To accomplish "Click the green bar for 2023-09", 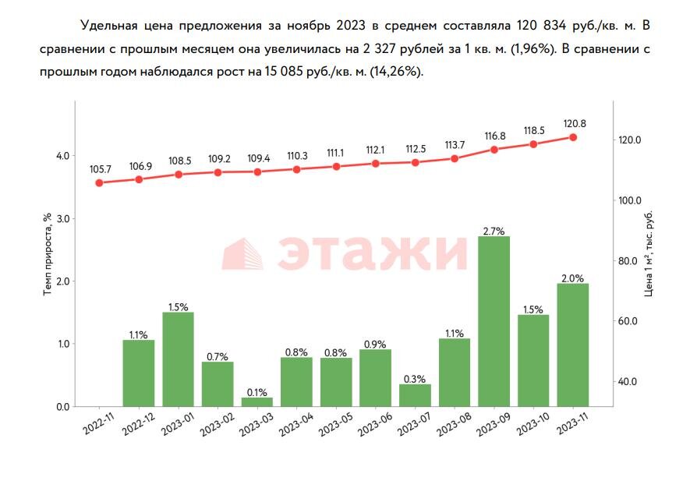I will (x=494, y=320).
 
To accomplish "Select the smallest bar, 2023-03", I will (x=257, y=401).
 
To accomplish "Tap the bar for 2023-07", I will (x=415, y=394).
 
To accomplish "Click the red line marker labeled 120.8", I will (x=573, y=137).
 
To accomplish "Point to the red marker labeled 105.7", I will (x=99, y=183).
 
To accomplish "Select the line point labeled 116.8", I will (x=494, y=149).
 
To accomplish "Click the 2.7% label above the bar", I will (x=494, y=231).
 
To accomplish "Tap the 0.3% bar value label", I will (x=415, y=379).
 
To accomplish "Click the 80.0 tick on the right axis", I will (x=628, y=260).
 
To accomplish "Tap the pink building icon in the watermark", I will (x=244, y=254).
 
